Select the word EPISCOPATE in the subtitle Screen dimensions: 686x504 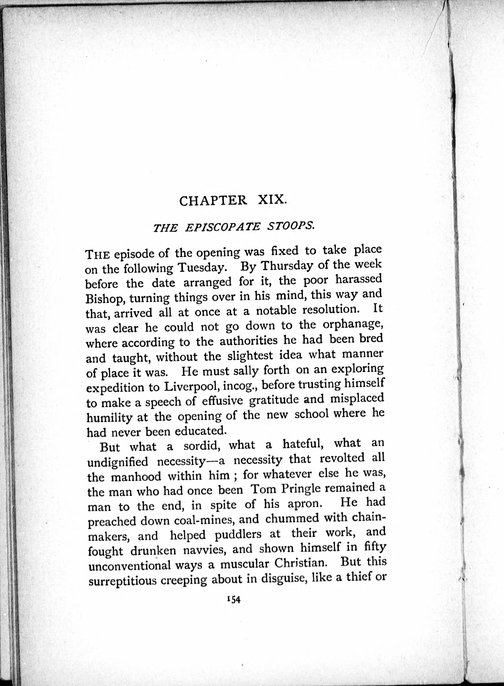point(223,227)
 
